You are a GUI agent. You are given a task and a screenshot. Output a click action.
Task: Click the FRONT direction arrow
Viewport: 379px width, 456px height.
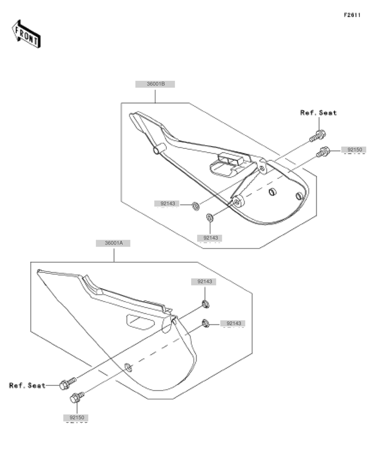[x=26, y=34]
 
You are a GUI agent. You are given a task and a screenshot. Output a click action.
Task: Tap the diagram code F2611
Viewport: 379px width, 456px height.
[x=352, y=15]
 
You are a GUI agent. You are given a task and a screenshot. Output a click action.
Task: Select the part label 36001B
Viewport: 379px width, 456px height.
[x=155, y=84]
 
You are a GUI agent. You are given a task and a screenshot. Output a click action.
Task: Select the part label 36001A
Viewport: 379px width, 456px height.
[x=113, y=243]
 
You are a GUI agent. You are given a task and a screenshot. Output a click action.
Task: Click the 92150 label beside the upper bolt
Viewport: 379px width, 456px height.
[x=354, y=150]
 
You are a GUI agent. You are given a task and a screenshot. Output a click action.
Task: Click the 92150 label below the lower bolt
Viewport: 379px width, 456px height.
[x=77, y=418]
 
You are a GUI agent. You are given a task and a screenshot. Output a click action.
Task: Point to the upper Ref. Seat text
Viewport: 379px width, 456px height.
[x=318, y=113]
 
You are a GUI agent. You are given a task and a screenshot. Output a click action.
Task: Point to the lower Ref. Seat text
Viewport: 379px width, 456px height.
[x=27, y=385]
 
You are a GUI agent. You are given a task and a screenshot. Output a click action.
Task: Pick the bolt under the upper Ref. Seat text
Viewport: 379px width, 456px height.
[x=318, y=136]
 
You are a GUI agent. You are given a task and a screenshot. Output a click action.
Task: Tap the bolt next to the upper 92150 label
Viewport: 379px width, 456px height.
[x=323, y=152]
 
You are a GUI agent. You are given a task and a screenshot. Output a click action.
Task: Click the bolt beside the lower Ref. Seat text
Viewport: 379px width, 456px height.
[x=68, y=383]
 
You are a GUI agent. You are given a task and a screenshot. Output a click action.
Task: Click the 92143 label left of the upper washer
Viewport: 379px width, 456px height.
[x=167, y=204]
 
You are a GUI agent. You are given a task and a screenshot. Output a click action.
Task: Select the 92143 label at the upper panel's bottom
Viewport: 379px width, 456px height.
[x=210, y=238]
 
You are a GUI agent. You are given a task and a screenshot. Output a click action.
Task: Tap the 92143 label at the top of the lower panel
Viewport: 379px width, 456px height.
[x=204, y=281]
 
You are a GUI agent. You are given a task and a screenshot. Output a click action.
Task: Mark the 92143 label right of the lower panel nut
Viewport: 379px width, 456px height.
[x=233, y=323]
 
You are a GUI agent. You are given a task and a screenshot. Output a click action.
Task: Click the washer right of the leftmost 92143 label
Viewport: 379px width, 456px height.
[x=196, y=206]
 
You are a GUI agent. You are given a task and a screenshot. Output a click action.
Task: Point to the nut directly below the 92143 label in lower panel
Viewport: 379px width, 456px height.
[x=206, y=305]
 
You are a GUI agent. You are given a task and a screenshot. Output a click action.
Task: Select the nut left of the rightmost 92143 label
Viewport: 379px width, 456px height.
[x=206, y=323]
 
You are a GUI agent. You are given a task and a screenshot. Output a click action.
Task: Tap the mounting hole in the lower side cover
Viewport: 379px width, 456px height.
[x=128, y=367]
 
